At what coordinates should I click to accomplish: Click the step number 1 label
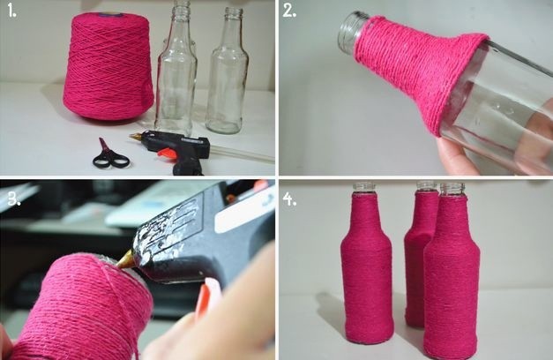click(12, 11)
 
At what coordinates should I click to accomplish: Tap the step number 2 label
click(289, 11)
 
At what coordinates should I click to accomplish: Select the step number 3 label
click(14, 199)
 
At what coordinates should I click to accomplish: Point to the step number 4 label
click(289, 199)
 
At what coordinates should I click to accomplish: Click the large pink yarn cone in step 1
click(108, 67)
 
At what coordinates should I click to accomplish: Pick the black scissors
click(109, 155)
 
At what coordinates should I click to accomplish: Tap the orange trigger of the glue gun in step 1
click(167, 153)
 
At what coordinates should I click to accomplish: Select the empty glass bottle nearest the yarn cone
click(176, 67)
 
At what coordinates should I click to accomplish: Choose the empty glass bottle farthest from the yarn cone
click(228, 71)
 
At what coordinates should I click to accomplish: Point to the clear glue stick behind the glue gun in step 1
click(243, 153)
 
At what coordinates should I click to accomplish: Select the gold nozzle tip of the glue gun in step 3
click(124, 260)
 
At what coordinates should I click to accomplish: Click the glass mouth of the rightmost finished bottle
click(452, 190)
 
